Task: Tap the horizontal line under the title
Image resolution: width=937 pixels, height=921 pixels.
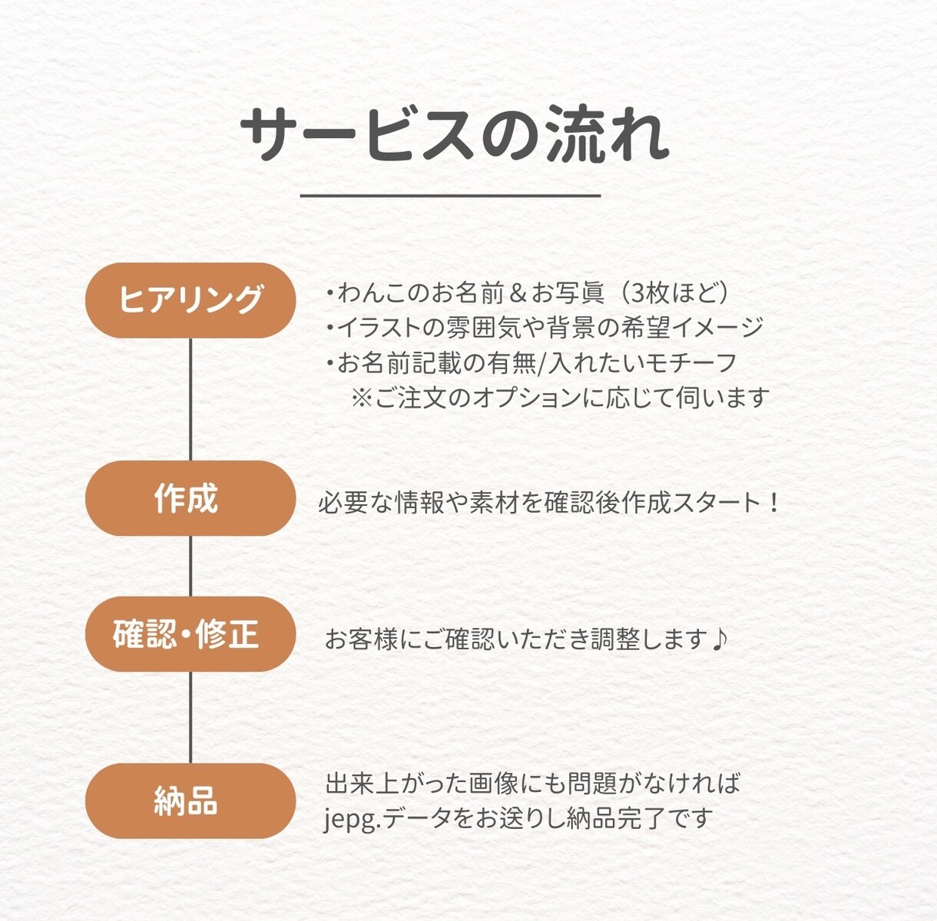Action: click(x=450, y=196)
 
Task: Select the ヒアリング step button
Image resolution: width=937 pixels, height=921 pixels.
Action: click(x=190, y=300)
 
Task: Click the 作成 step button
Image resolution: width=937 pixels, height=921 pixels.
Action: click(x=190, y=498)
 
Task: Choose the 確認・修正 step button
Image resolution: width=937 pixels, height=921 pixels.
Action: click(x=190, y=634)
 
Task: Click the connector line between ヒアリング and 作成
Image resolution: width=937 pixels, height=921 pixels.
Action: click(x=190, y=400)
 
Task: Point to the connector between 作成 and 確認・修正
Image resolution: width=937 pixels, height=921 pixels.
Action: click(x=190, y=566)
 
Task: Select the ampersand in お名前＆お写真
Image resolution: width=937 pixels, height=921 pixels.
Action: click(x=518, y=294)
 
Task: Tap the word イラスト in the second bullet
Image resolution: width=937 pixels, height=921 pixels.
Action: click(x=379, y=328)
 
